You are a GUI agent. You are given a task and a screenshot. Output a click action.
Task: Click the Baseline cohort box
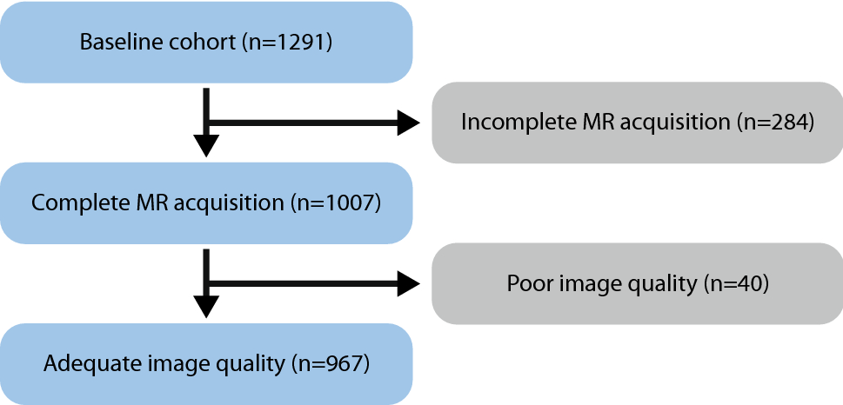(x=206, y=43)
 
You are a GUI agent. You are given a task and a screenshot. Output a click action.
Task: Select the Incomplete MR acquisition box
(x=637, y=123)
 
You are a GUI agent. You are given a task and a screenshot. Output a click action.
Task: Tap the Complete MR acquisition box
(x=206, y=203)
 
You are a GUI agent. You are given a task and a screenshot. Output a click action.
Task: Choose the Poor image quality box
(x=637, y=283)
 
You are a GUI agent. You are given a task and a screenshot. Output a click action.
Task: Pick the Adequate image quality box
(x=206, y=363)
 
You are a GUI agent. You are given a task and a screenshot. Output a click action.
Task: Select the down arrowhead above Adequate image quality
(x=206, y=305)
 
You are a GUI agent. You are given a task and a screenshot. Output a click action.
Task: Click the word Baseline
(x=115, y=43)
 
